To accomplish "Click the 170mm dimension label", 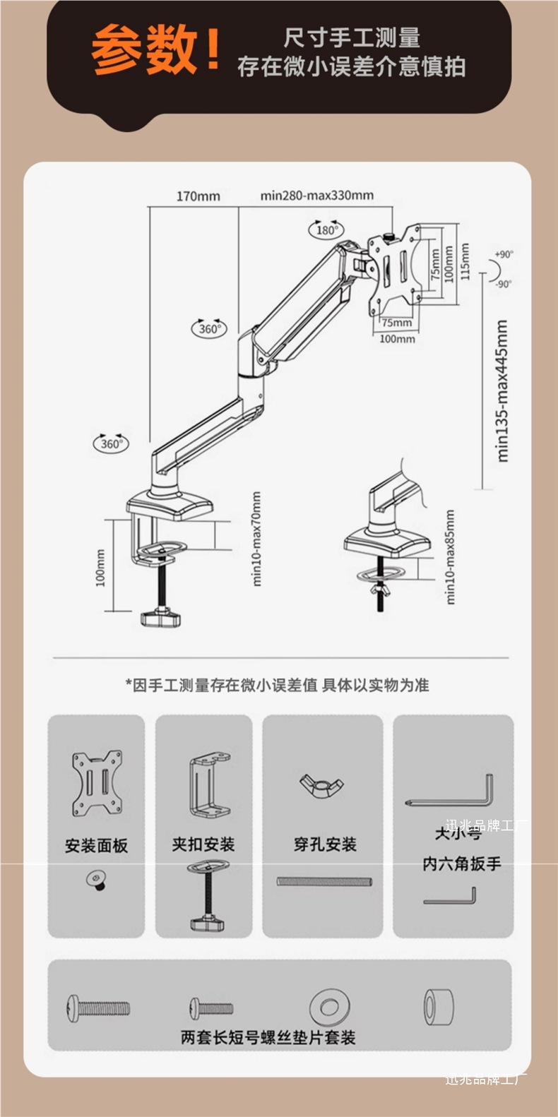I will tap(198, 196).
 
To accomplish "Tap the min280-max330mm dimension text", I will tap(316, 196).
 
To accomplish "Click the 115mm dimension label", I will tap(465, 261).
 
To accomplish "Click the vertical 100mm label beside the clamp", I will tap(100, 568).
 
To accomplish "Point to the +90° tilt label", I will tap(504, 254).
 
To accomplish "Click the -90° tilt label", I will tap(503, 284).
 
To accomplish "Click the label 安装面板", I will tap(96, 845).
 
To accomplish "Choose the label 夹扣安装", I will tap(203, 844).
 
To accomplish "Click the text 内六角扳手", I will tap(462, 863).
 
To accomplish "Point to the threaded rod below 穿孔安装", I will tap(324, 881).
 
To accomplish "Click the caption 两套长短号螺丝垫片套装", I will tap(268, 1037).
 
